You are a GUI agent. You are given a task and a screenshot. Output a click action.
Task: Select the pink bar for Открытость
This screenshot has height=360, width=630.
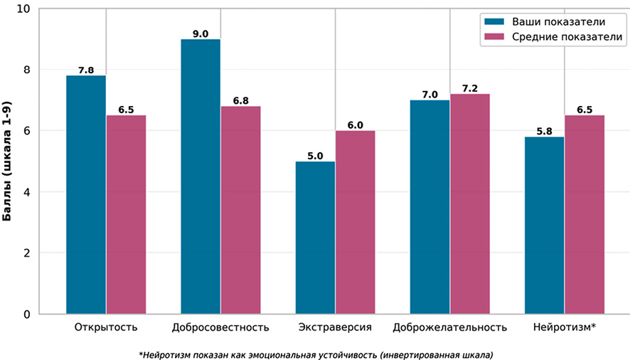coord(126,214)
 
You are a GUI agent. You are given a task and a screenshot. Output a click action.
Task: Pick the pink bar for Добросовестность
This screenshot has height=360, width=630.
coord(240,210)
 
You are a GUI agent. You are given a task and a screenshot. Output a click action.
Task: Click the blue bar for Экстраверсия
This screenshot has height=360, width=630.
coord(315,238)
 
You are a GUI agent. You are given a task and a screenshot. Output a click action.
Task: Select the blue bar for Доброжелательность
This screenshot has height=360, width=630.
coord(429,207)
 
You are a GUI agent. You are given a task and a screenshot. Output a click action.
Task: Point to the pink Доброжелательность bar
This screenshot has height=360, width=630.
coord(469,203)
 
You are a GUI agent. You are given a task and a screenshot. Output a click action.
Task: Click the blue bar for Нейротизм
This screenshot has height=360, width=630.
coord(544,225)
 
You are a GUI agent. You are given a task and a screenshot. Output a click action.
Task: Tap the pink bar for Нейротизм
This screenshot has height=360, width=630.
coord(584,214)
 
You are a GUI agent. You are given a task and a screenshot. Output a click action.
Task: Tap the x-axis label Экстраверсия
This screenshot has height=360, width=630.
coord(334,328)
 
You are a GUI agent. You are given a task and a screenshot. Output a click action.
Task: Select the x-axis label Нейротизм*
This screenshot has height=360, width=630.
coord(564,328)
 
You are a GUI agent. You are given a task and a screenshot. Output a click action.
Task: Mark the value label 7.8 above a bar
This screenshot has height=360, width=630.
coord(86,70)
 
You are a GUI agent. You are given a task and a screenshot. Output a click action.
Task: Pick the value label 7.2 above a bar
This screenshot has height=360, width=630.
coord(469,88)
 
